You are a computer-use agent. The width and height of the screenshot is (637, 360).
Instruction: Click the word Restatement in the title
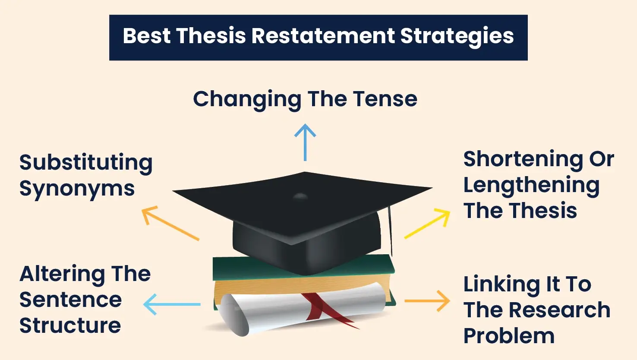tap(323, 36)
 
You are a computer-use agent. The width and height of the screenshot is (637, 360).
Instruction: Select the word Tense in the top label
tap(385, 99)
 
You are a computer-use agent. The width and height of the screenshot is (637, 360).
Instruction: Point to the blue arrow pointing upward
tap(305, 142)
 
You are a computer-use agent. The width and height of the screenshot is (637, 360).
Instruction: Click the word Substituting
tap(86, 163)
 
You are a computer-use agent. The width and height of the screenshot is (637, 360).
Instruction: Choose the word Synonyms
tap(77, 189)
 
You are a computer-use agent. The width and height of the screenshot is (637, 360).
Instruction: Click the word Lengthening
tap(531, 186)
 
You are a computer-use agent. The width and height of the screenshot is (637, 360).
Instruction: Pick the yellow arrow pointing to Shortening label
tap(428, 224)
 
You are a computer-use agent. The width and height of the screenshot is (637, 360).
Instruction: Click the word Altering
tap(62, 274)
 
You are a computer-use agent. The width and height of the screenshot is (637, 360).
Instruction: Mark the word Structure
tap(70, 326)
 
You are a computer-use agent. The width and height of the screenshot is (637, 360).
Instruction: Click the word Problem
tap(509, 336)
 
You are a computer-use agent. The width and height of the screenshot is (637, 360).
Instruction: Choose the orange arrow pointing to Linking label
tap(427, 301)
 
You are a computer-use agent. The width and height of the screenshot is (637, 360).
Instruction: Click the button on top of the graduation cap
tap(300, 197)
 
